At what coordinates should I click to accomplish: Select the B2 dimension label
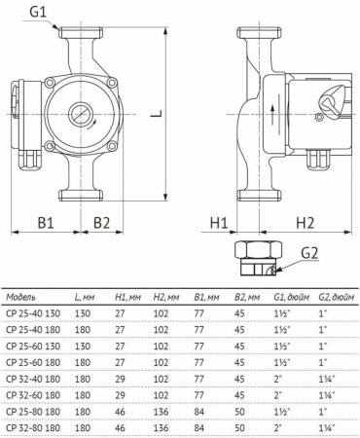tap(103, 222)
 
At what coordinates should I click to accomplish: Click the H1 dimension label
tap(220, 222)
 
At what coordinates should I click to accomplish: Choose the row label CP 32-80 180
tap(35, 427)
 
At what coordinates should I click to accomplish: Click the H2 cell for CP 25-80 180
tap(168, 412)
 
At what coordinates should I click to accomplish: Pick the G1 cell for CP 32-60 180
tap(282, 395)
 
